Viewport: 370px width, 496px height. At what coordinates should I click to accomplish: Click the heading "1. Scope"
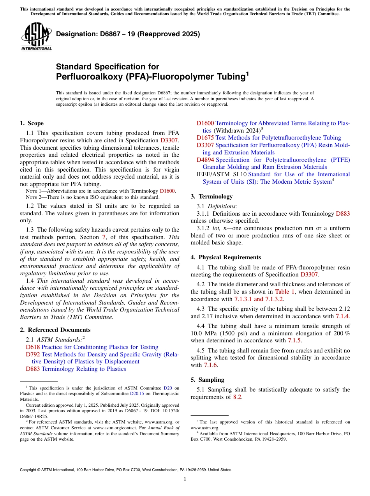pos(32,123)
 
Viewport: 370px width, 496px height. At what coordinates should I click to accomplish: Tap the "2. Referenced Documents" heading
pos(55,330)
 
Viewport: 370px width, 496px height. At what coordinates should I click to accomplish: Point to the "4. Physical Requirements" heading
pos(226,257)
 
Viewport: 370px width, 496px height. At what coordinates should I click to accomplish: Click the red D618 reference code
pos(33,347)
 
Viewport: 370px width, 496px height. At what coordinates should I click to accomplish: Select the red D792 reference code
pos(33,354)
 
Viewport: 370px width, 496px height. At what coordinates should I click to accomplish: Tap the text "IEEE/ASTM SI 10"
pos(221,174)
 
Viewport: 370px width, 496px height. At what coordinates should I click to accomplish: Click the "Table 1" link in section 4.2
pos(285,292)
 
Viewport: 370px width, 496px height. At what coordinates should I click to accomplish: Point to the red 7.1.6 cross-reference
pos(211,365)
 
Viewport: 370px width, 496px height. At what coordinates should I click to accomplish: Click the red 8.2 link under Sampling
pos(237,397)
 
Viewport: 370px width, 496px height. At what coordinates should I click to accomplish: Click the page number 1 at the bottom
pos(185,479)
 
